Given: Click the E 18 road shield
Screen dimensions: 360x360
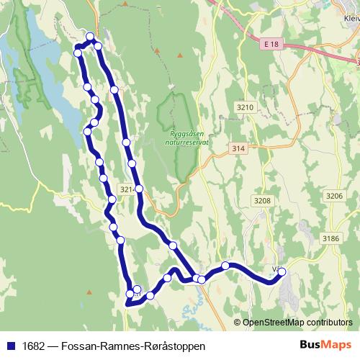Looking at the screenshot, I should pos(270,44).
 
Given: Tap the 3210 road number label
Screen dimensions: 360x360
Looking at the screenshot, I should pos(245,107).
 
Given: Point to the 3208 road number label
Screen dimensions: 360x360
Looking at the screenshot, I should pos(263,201).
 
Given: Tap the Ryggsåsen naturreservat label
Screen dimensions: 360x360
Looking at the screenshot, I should pos(189,138).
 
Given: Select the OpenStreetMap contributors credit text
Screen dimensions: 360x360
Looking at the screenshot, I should pos(297,323).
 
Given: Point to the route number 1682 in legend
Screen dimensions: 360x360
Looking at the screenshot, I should pos(31,346).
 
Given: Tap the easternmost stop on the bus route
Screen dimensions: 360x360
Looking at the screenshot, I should pos(282,271).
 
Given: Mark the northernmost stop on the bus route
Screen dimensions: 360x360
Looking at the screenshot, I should pos(90,37).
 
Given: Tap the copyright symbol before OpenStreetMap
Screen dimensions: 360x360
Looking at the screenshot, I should pos(238,323).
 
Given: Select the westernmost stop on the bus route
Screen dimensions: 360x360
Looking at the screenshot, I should pos(78,53).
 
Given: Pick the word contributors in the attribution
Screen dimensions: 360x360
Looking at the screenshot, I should pos(330,323).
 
